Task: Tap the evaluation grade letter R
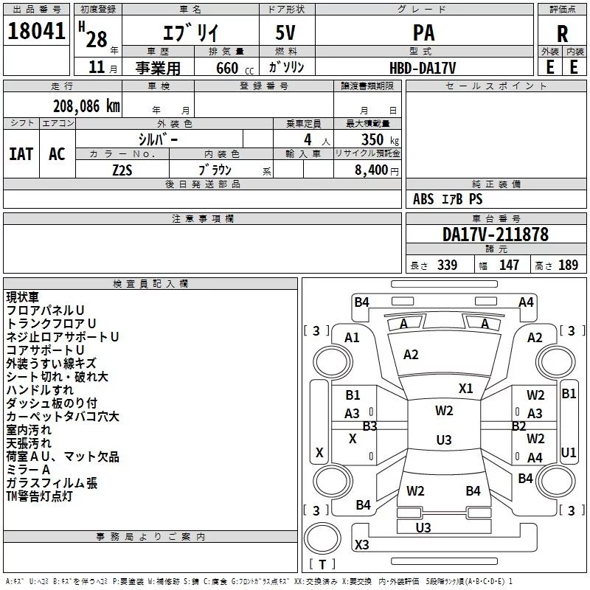[x=562, y=34]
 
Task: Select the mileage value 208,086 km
[x=86, y=106]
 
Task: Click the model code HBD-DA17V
[x=423, y=67]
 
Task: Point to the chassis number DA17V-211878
[x=495, y=235]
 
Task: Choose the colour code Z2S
[x=122, y=169]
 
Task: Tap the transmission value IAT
[x=21, y=154]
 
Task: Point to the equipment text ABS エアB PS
[x=448, y=199]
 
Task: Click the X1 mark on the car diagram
[x=466, y=389]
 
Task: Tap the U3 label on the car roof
[x=443, y=440]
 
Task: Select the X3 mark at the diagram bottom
[x=362, y=545]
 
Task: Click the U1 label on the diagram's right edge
[x=569, y=452]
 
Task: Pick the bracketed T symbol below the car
[x=322, y=565]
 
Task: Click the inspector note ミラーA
[x=28, y=470]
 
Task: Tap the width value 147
[x=509, y=265]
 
